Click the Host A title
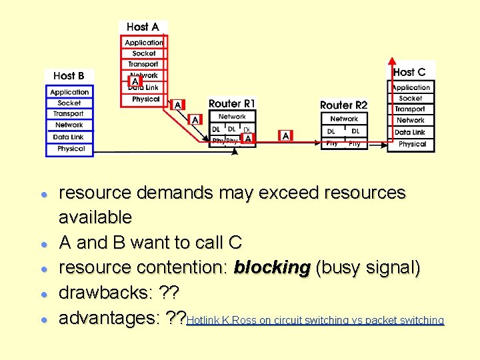pos(143,27)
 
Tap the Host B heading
pos(69,76)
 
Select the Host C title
pos(409,72)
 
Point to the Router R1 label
pos(232,104)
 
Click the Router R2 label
pos(344,105)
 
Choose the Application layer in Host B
pos(69,92)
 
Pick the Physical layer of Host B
pos(70,149)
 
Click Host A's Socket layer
pos(143,53)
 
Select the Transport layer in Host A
pos(143,64)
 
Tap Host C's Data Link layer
pos(411,132)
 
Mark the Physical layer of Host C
pos(412,144)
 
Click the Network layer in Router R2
pos(344,119)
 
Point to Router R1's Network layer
pos(232,117)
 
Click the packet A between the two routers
pos(285,136)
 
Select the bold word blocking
pos(272,268)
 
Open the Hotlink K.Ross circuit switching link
pos(315,321)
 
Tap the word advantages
pos(107,319)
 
